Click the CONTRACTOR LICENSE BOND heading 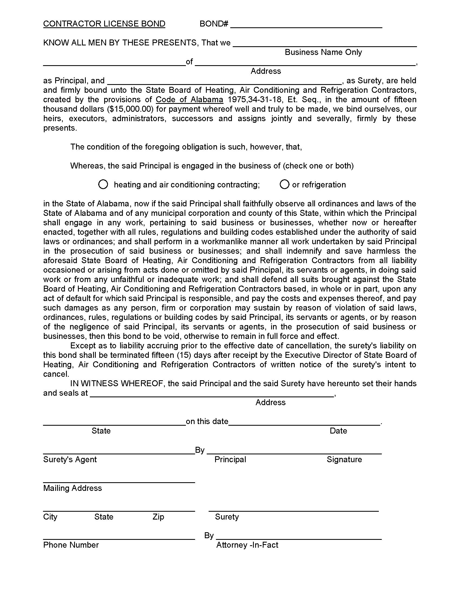pos(104,24)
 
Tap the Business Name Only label pos(323,52)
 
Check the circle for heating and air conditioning pos(103,184)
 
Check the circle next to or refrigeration pos(284,184)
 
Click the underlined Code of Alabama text pos(189,100)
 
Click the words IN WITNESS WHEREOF pos(117,384)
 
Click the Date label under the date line pos(338,431)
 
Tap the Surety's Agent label pos(70,459)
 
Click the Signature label pos(344,459)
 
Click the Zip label pos(158,517)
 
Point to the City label pos(50,517)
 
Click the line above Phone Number pos(119,539)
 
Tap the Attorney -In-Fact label pos(247,545)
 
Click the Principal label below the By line pos(230,459)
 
